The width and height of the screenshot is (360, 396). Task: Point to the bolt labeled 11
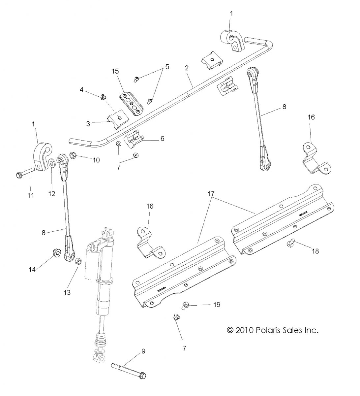[25, 174]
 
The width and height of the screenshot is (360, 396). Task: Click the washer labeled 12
[52, 163]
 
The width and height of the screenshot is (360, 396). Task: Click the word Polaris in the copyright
[266, 330]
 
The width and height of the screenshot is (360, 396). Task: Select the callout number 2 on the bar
[187, 68]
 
